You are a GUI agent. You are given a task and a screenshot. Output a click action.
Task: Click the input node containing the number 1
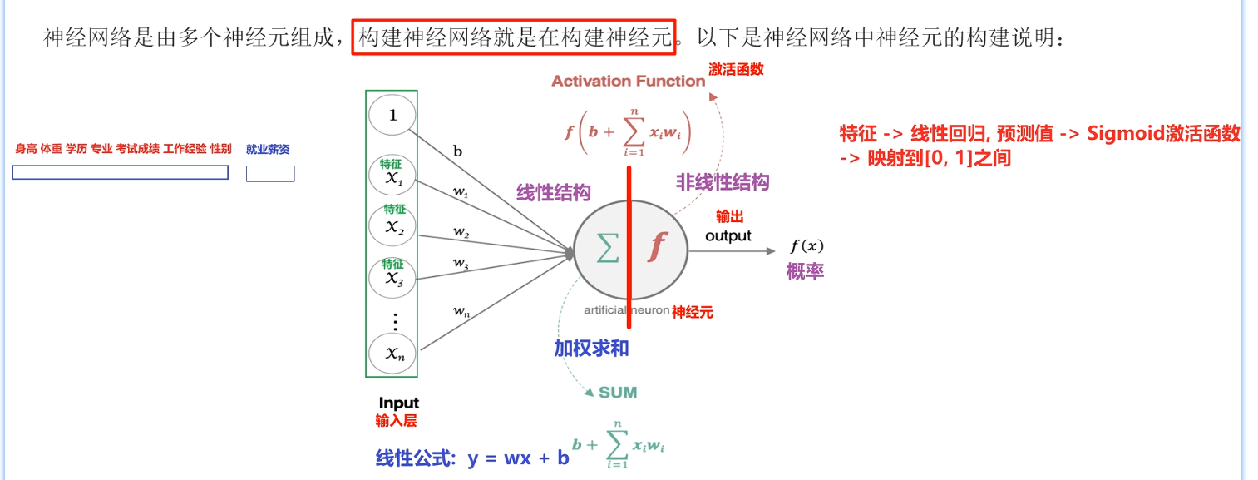tap(392, 116)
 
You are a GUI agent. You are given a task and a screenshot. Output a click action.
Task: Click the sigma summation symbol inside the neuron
tap(608, 247)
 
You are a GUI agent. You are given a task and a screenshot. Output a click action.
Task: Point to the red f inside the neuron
tap(658, 246)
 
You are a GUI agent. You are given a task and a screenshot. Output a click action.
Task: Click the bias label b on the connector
tap(457, 151)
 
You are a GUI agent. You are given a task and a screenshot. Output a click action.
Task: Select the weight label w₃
tap(461, 263)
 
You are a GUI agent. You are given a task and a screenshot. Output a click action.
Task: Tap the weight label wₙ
tap(461, 312)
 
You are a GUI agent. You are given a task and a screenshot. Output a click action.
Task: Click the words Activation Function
tap(628, 81)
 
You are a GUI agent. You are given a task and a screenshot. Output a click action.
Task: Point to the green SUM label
tap(618, 392)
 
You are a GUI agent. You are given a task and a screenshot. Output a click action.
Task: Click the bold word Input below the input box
tap(399, 403)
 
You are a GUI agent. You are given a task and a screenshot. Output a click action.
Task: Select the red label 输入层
tap(396, 421)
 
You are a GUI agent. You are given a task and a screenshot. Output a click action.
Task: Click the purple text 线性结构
tap(554, 193)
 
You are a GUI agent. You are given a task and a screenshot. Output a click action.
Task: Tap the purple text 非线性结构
tap(722, 182)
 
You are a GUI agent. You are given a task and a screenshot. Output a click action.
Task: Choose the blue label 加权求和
tap(591, 349)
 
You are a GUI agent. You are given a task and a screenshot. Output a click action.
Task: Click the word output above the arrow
tap(728, 235)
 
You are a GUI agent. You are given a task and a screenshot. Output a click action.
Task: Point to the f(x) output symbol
tap(807, 246)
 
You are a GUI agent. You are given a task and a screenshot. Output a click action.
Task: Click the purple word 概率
tap(806, 271)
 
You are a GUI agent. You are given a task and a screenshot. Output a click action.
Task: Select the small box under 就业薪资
tap(270, 174)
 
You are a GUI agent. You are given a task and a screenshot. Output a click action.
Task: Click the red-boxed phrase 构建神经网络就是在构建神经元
tap(513, 37)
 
